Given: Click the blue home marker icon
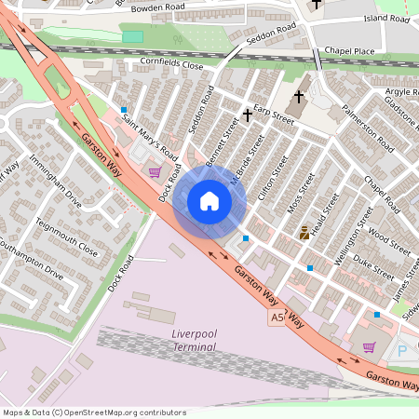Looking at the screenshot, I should tap(209, 201).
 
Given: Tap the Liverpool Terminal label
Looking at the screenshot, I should tap(194, 340).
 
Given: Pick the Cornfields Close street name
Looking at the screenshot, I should tap(170, 66).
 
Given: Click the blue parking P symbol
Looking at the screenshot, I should tap(402, 351).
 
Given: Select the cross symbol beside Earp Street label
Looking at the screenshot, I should tap(248, 115).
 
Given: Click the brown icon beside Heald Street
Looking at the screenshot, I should tap(304, 233).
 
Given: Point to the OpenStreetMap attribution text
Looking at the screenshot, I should tap(93, 412).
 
